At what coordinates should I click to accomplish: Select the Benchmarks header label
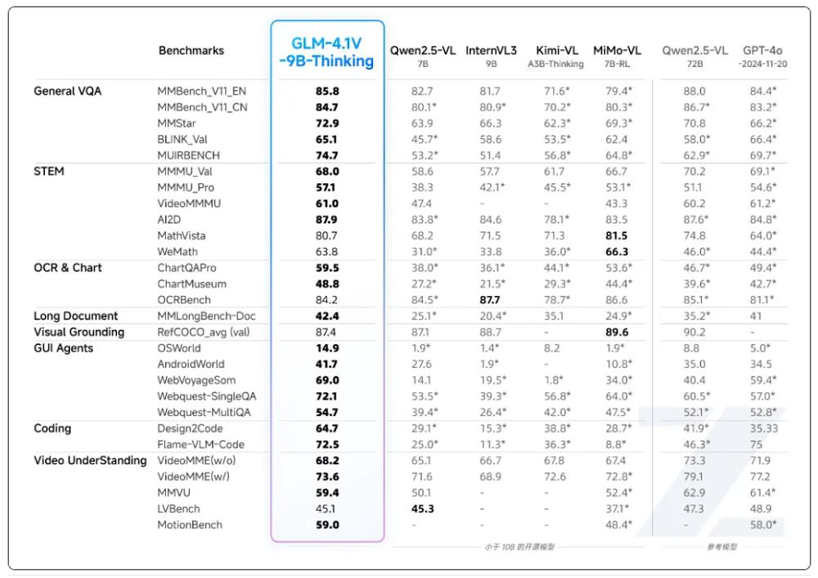pos(191,51)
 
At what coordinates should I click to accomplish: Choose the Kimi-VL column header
pos(555,51)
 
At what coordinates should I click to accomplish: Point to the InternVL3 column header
pos(491,51)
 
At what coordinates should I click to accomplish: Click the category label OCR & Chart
pos(69,267)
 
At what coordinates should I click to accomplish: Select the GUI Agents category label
pos(64,348)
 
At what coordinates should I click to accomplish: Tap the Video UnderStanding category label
pos(90,460)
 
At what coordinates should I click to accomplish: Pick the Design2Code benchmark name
pos(190,428)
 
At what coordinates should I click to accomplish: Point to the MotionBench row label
pos(190,525)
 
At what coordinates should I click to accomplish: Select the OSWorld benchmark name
pos(179,348)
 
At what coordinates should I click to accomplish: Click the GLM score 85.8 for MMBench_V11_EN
pos(327,91)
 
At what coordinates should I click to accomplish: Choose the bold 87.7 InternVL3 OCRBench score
pos(491,300)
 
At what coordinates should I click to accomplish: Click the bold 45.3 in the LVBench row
pos(423,509)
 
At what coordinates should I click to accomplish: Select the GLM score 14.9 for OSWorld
pos(327,348)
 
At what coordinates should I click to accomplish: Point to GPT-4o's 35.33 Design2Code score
pos(763,428)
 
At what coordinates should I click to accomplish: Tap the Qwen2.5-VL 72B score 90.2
pos(694,332)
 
